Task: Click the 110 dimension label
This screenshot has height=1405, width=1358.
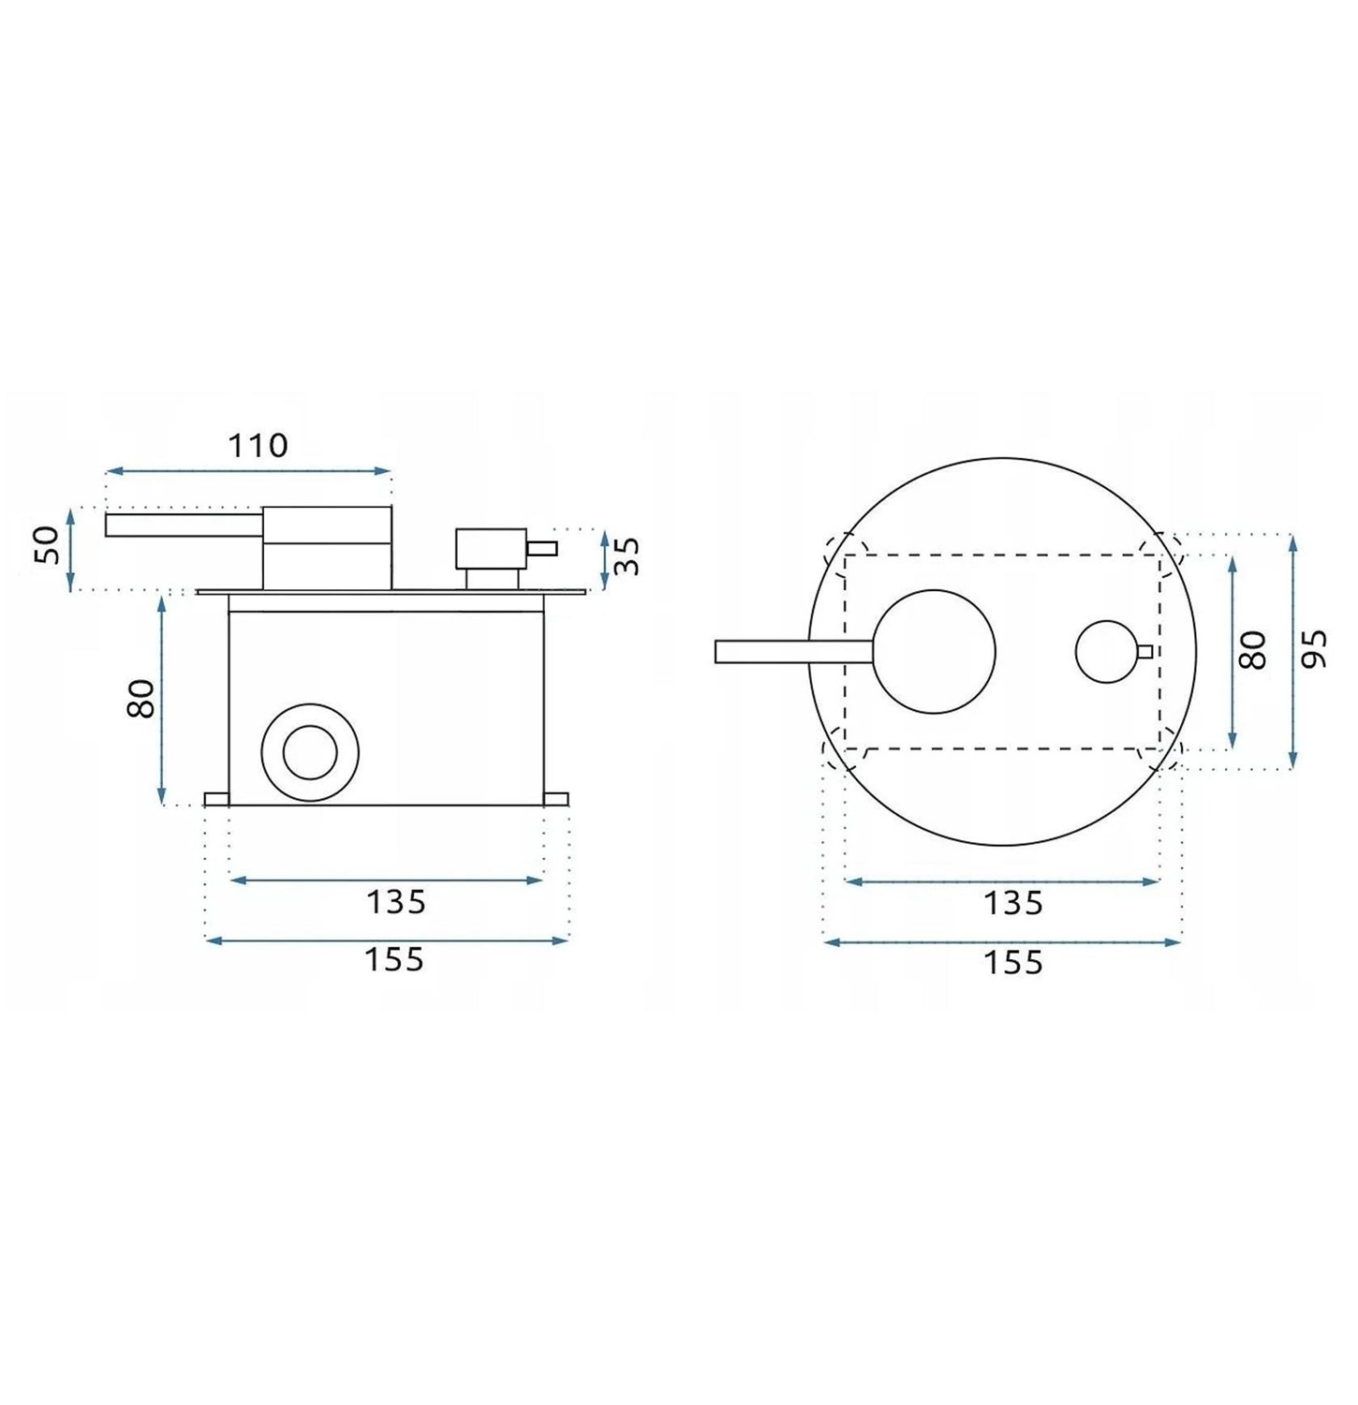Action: pyautogui.click(x=258, y=445)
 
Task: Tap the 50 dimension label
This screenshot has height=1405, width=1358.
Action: pyautogui.click(x=47, y=545)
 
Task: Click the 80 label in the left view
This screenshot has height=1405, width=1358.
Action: pyautogui.click(x=140, y=699)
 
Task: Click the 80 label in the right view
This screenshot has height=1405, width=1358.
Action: pyautogui.click(x=1252, y=650)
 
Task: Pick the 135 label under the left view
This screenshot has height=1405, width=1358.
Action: pyautogui.click(x=396, y=902)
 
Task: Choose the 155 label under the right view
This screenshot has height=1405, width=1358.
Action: pyautogui.click(x=1012, y=962)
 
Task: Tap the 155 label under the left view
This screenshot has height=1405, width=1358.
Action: pyautogui.click(x=394, y=960)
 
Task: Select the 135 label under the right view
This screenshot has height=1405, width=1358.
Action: pyautogui.click(x=1012, y=904)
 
